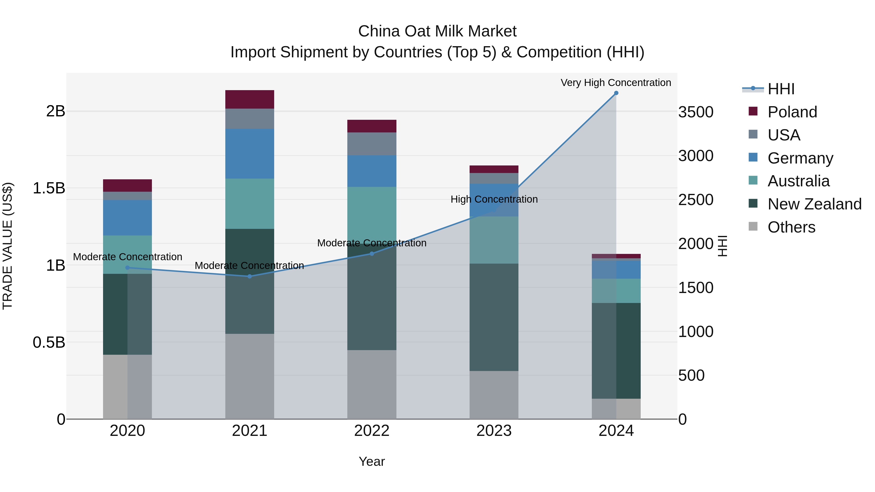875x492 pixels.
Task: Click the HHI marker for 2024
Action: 616,93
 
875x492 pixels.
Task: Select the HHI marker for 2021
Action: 249,276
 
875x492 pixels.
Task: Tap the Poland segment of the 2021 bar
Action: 249,99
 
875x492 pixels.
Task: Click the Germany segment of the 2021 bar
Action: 249,154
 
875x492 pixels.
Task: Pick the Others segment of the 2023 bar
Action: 494,395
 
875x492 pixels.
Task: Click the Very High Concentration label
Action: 615,83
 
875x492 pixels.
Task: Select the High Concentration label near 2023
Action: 494,199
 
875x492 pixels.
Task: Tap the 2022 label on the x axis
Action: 372,431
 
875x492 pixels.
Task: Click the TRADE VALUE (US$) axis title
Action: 8,246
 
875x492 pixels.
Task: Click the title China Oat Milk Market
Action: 437,31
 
